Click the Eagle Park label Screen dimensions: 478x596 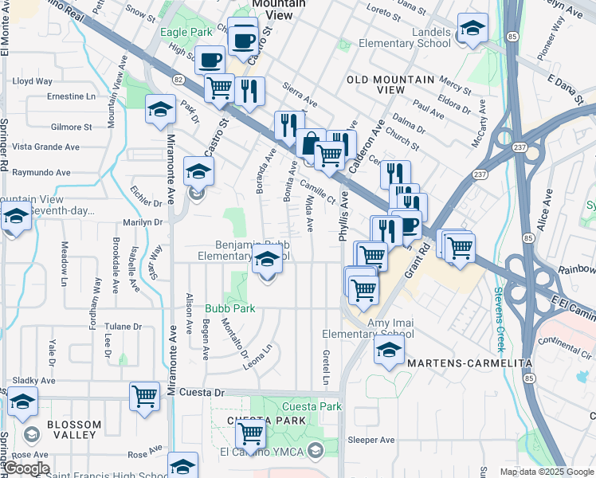point(186,33)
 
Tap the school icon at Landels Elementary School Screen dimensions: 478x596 point(472,29)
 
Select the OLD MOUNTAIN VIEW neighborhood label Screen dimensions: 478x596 point(390,84)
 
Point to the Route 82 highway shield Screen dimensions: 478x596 point(178,79)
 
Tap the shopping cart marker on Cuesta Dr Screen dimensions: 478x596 point(144,394)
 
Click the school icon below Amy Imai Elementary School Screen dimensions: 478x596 point(389,351)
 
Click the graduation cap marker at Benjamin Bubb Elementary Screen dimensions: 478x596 point(267,258)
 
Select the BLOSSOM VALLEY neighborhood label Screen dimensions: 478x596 point(73,429)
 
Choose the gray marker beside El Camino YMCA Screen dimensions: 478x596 point(316,451)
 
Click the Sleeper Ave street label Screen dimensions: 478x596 point(371,440)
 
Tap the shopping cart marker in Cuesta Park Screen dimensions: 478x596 point(250,433)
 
